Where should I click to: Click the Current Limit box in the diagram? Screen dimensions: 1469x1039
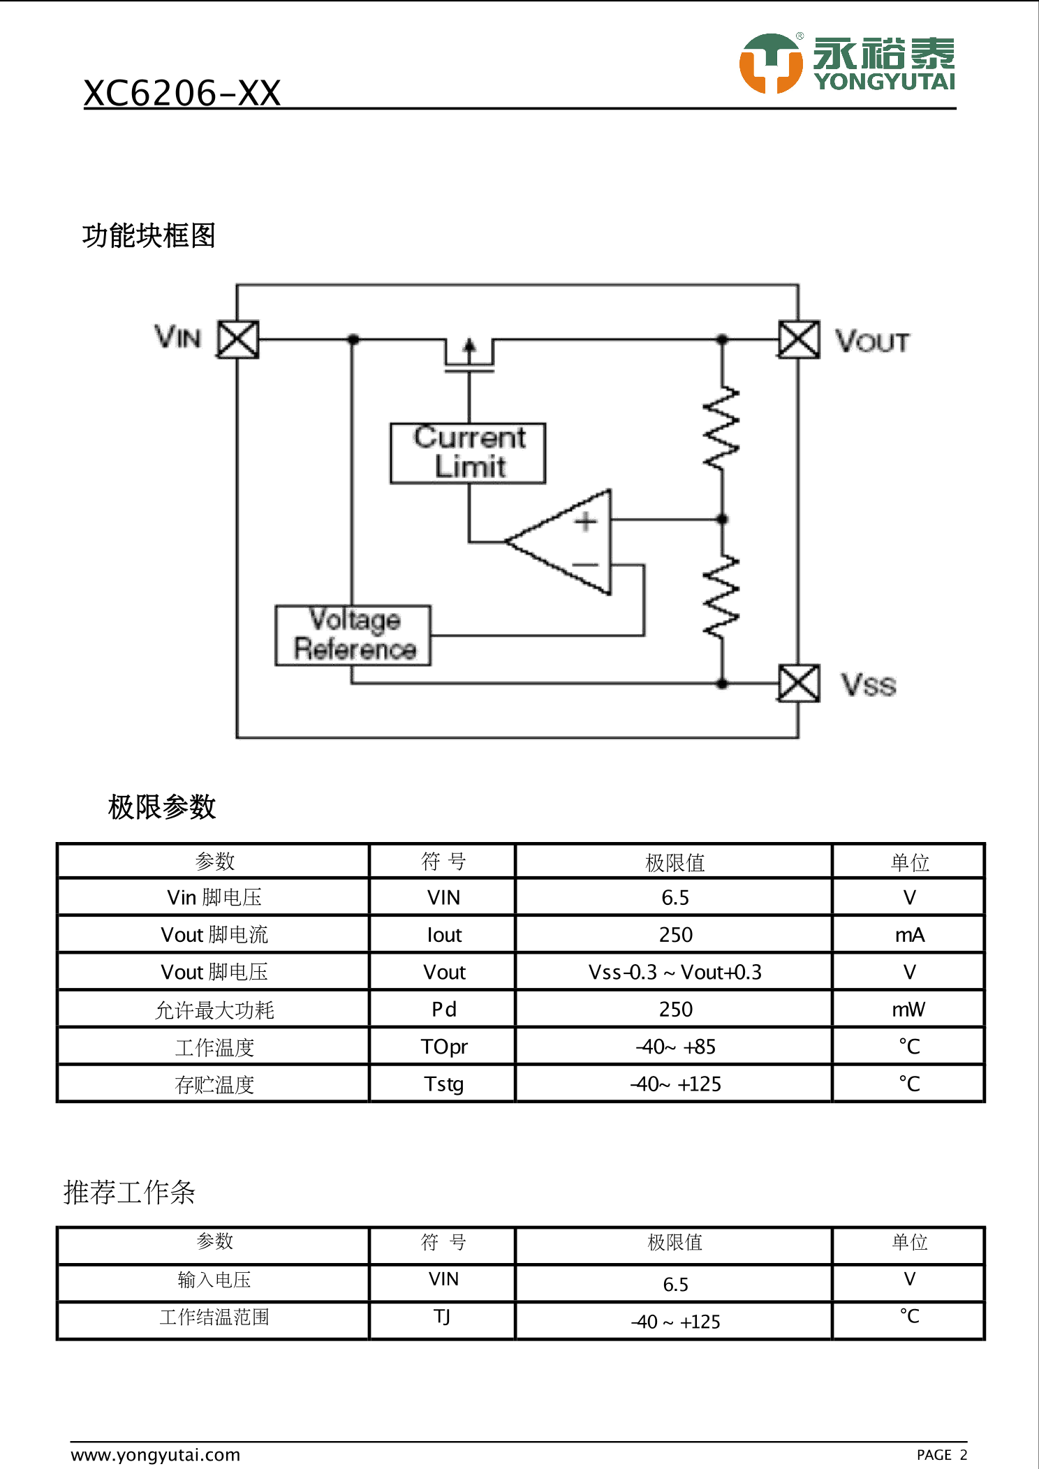[x=468, y=453]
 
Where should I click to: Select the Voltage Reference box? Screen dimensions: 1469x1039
[x=353, y=635]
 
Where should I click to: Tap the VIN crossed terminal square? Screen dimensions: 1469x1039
[x=238, y=339]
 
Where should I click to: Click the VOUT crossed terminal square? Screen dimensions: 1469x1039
[x=799, y=339]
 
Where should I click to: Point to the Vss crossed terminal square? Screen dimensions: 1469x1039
[x=799, y=683]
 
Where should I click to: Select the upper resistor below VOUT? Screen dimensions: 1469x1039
[x=722, y=427]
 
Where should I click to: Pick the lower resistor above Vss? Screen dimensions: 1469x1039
[x=722, y=597]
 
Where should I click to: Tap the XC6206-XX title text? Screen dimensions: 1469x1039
[x=182, y=93]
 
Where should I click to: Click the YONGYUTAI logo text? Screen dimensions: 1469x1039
[x=884, y=82]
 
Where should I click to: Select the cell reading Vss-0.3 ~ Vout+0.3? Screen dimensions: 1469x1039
[x=675, y=972]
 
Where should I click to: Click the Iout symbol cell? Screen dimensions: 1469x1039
[x=444, y=935]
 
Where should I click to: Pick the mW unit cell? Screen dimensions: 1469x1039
[x=908, y=1009]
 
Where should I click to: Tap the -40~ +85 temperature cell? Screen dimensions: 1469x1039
[x=675, y=1047]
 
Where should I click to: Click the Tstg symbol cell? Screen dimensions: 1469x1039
[x=444, y=1084]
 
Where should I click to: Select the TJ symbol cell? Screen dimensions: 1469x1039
[x=442, y=1317]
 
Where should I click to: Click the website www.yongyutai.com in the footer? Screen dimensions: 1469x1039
[x=156, y=1455]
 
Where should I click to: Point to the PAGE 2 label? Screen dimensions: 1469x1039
[x=942, y=1455]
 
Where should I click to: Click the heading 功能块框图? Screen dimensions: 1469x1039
[x=149, y=236]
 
